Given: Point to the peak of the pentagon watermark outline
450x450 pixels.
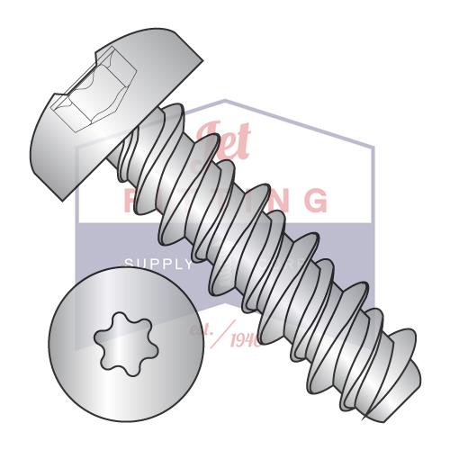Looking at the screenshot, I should [225, 100].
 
